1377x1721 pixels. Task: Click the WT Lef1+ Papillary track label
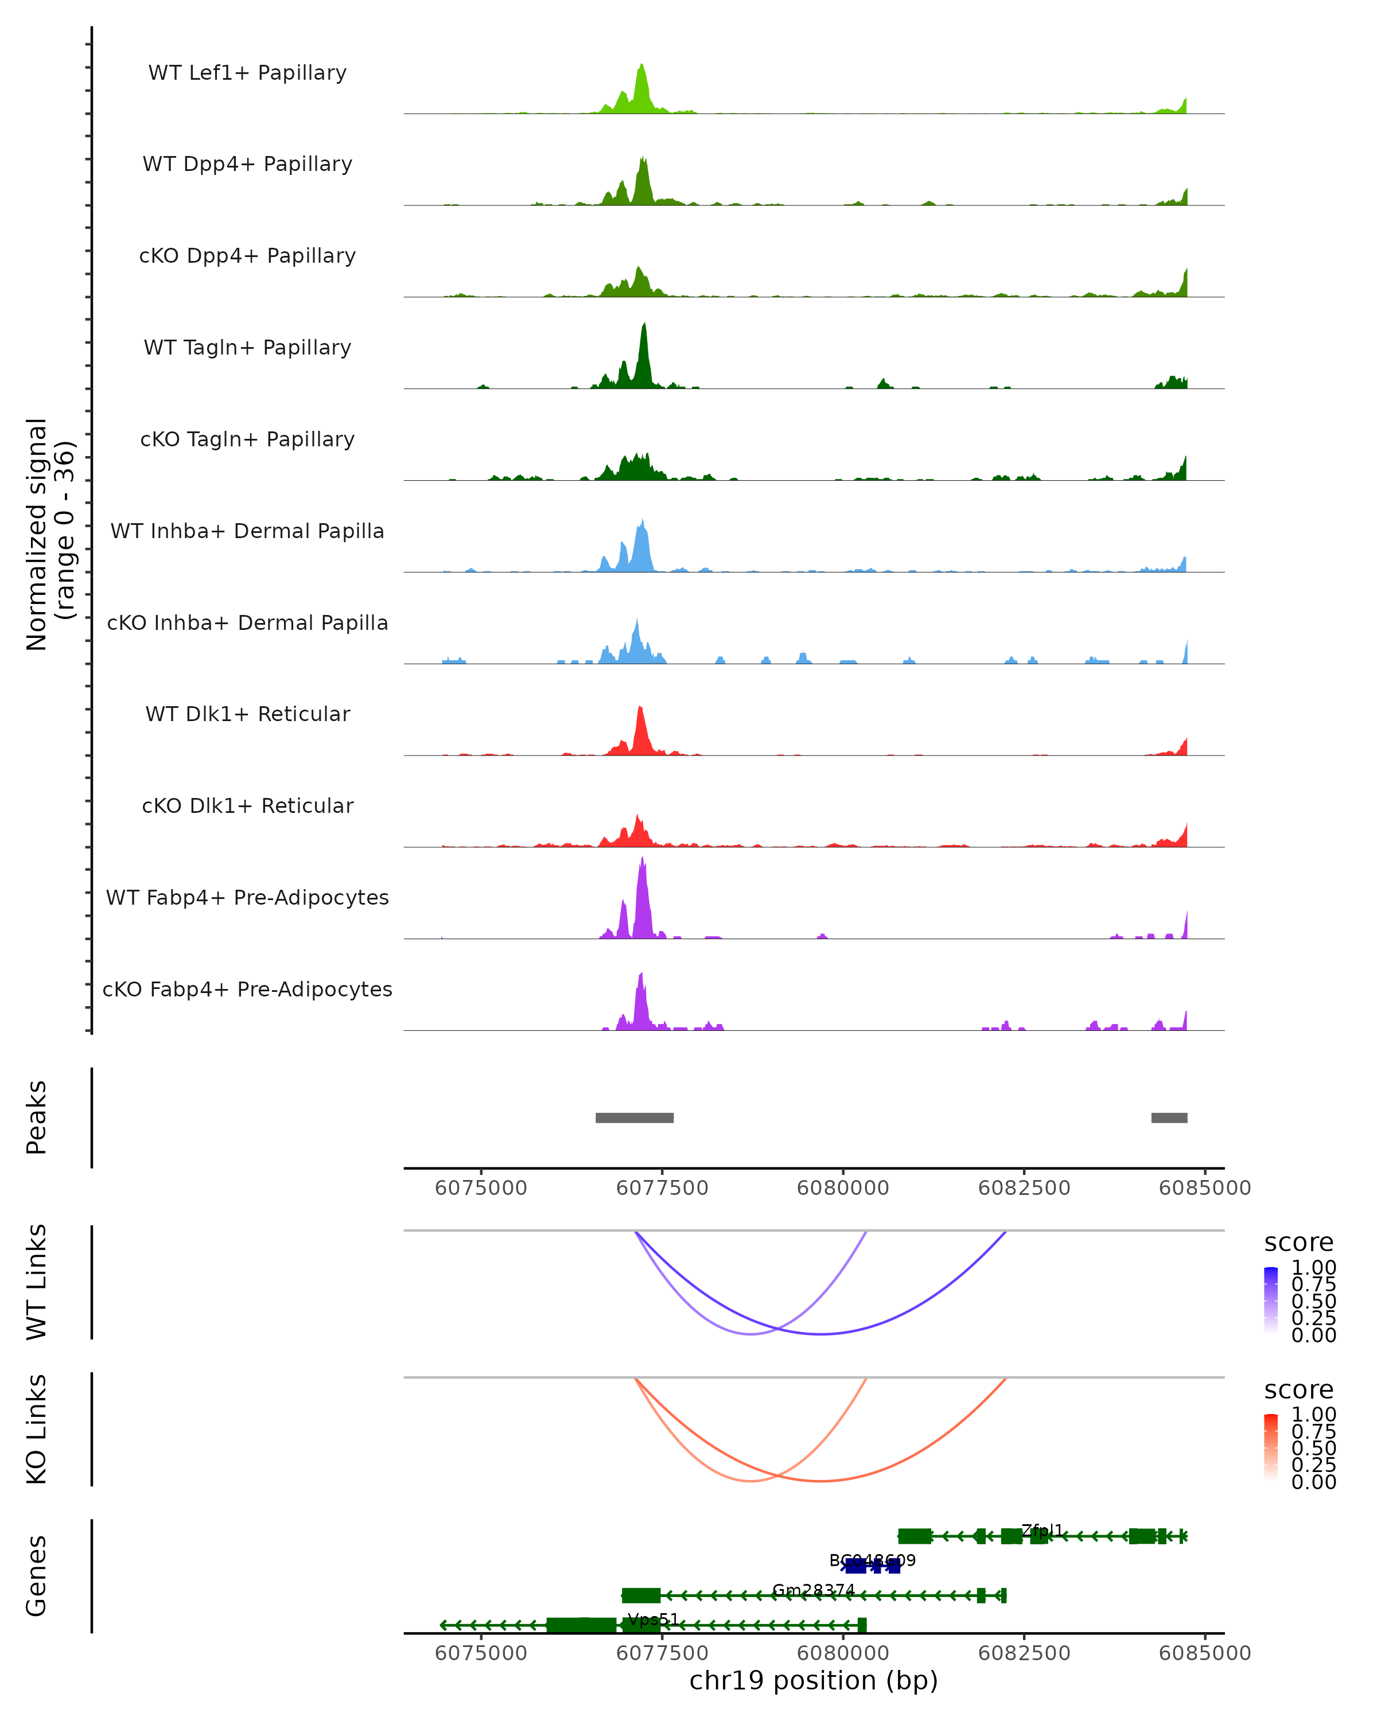pyautogui.click(x=247, y=73)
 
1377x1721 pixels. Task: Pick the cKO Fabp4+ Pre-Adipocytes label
pyautogui.click(x=247, y=989)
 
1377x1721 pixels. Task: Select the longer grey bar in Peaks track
pyautogui.click(x=635, y=1118)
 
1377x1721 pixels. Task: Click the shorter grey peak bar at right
pyautogui.click(x=1169, y=1118)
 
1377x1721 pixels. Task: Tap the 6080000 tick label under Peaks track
pyautogui.click(x=843, y=1188)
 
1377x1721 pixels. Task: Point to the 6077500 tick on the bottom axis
pyautogui.click(x=662, y=1652)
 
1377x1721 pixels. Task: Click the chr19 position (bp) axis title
pyautogui.click(x=814, y=1681)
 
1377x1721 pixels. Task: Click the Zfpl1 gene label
pyautogui.click(x=1043, y=1530)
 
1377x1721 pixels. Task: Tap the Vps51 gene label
pyautogui.click(x=653, y=1619)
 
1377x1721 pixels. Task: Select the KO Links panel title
pyautogui.click(x=37, y=1429)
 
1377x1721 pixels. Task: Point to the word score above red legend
pyautogui.click(x=1299, y=1390)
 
